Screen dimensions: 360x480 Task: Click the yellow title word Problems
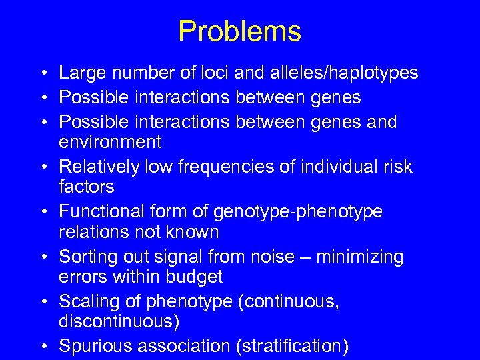239,31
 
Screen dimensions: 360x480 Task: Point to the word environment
110,142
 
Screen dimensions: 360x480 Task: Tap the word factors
87,187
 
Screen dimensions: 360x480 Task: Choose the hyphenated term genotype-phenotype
298,211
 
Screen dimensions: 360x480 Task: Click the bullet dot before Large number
42,73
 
